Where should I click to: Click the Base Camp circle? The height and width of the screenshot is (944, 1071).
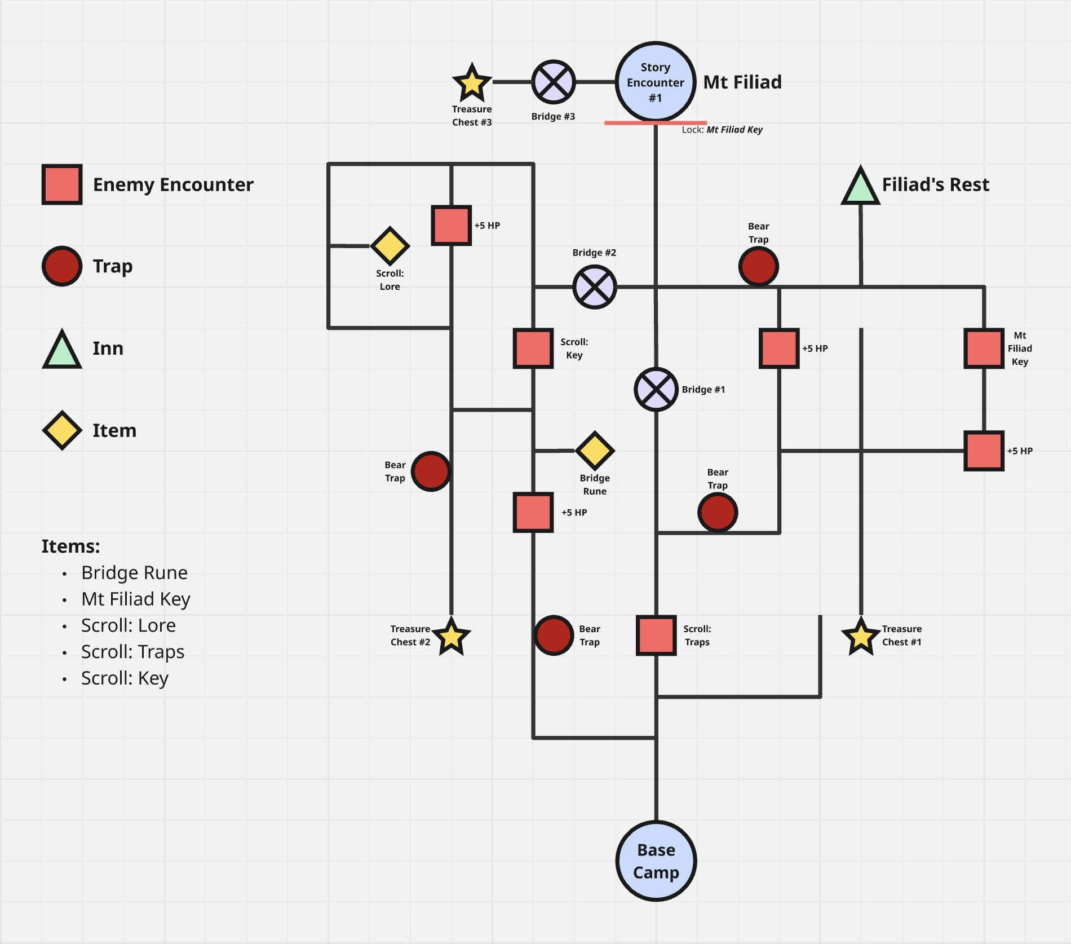(656, 861)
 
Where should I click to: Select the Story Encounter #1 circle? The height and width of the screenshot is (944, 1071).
(655, 82)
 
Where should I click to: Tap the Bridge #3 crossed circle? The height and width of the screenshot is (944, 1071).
(554, 82)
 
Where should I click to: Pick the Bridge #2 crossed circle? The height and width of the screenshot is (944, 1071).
(595, 287)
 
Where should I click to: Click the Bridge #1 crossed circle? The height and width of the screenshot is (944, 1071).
(656, 390)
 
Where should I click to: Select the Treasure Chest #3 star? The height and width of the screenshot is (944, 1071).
(472, 83)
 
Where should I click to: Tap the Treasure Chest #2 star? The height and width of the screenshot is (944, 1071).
(452, 637)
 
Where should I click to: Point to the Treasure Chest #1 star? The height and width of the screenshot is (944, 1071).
(861, 637)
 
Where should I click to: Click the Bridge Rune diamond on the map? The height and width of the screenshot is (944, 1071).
(595, 451)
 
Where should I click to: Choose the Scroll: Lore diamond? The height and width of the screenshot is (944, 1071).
(390, 246)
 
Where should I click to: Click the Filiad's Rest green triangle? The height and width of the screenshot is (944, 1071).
(860, 187)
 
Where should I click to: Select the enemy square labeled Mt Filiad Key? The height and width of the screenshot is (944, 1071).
(984, 349)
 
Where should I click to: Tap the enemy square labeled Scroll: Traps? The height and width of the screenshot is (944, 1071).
(656, 636)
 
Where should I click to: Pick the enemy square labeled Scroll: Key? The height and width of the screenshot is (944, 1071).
(533, 349)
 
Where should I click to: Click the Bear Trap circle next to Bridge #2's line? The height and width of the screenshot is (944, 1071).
(758, 266)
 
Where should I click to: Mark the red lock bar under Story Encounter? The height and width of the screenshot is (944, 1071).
(655, 122)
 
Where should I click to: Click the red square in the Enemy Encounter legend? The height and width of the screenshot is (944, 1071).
(62, 184)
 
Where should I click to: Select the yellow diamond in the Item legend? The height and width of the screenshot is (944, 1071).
(62, 430)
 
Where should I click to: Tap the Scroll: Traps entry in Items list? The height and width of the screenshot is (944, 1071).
(132, 652)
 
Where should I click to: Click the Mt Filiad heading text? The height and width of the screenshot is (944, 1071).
(742, 82)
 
